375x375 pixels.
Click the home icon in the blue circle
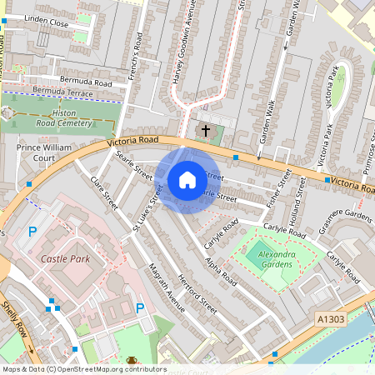[187, 179]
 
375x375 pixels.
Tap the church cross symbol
[206, 131]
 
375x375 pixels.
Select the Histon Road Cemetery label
[68, 117]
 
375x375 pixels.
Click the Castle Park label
[65, 259]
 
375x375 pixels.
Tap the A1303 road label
[330, 317]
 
